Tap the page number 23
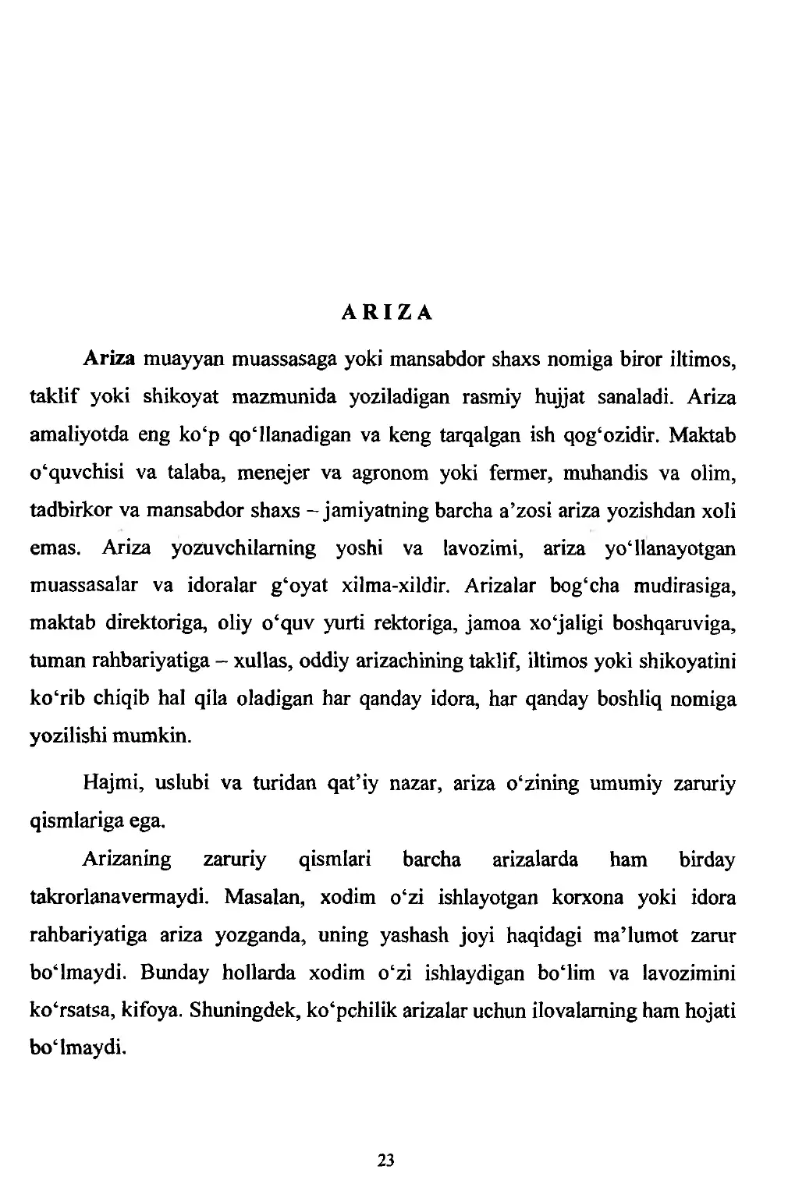coord(385,1161)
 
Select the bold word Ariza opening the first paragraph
coord(109,360)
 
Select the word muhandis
coord(586,473)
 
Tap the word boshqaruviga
coord(675,625)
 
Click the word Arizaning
coord(126,860)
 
